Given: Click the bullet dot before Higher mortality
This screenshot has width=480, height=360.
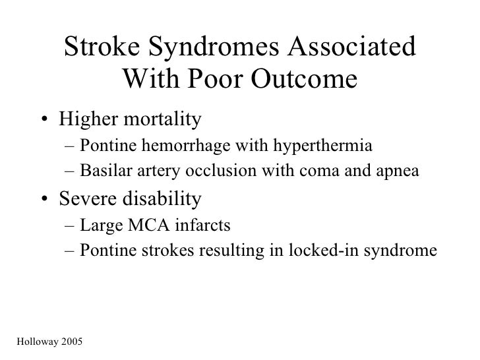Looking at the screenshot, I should tap(42, 121).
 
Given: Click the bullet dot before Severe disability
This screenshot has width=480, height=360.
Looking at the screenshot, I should tap(42, 199).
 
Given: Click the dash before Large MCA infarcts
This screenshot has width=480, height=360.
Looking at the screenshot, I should tap(70, 225).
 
